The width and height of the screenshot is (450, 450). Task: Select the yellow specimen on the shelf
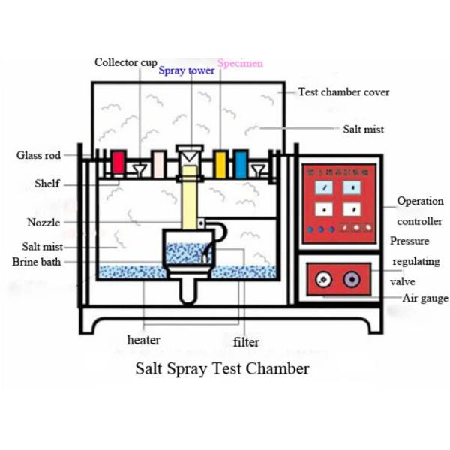[x=220, y=164]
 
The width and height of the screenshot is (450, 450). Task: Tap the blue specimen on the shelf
[x=241, y=164]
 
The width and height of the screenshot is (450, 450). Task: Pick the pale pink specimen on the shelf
[x=158, y=164]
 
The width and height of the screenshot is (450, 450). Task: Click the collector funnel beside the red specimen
[x=139, y=169]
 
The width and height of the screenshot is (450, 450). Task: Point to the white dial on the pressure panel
[x=322, y=280]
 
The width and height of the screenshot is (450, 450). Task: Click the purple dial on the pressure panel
[x=350, y=280]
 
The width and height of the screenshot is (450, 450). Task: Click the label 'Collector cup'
[x=126, y=62]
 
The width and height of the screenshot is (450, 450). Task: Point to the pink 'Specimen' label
[x=240, y=63]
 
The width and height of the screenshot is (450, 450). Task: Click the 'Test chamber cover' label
[x=343, y=92]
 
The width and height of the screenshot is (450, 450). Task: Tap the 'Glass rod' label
[x=37, y=156]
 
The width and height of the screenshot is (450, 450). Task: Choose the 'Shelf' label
[x=47, y=184]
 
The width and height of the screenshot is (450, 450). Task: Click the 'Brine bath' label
[x=37, y=262]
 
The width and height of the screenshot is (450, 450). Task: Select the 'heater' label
[x=143, y=340]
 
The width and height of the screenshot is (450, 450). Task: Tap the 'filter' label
[x=246, y=342]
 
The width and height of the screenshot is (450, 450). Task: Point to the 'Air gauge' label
[x=424, y=298]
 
